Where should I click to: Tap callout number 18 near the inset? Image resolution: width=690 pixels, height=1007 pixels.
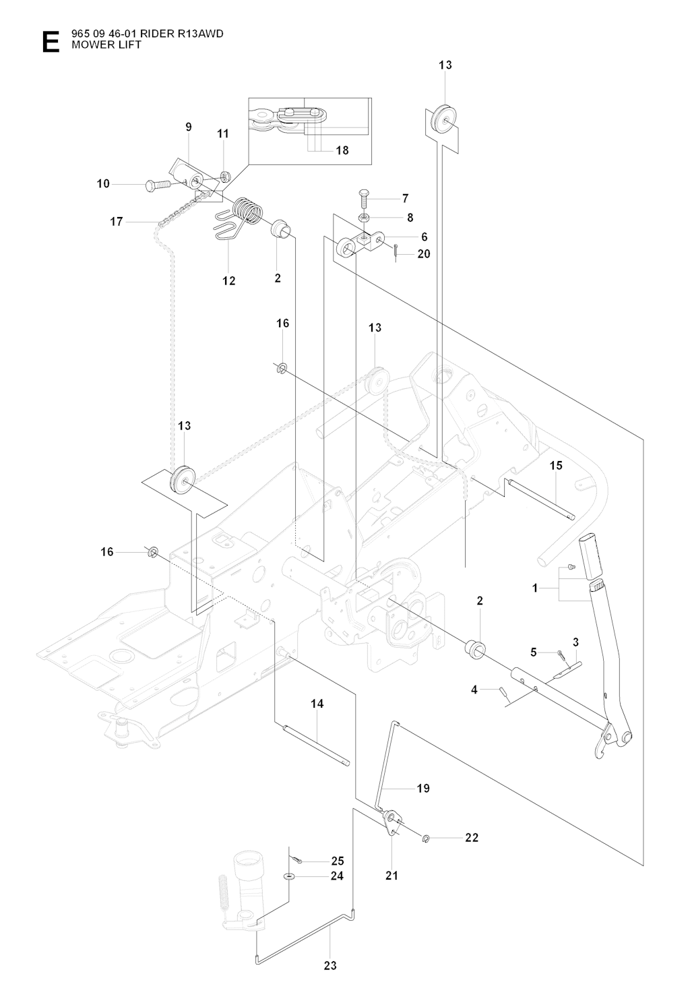pos(342,150)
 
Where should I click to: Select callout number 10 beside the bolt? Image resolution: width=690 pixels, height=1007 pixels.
pos(103,183)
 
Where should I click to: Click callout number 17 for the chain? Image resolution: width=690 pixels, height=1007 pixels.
pos(117,221)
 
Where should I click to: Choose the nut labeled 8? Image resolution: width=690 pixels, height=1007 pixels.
pos(363,217)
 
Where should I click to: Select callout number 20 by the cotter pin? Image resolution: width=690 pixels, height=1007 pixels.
pos(423,253)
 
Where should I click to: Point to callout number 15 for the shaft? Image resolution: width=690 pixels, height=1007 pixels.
pos(555,465)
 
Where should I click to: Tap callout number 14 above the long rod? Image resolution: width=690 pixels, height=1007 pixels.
pos(317,704)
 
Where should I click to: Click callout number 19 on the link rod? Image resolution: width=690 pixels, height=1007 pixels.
pos(423,788)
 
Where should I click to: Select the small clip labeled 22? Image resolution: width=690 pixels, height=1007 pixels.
pos(426,838)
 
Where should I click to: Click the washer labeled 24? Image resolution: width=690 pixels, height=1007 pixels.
pos(289,876)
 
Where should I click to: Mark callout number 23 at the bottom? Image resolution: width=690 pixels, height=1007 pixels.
pos(330,965)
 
